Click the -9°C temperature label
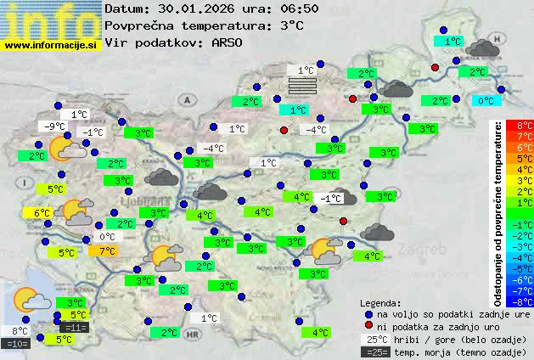coord(53,127)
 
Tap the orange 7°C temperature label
coord(107,250)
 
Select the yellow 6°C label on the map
coord(42,213)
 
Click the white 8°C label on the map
coord(20,331)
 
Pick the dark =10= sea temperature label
coord(17,344)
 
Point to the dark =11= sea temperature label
coord(74,327)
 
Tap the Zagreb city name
coord(427,250)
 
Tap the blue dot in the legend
coord(368,313)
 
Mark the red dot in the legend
coord(368,326)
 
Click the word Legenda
coord(380,302)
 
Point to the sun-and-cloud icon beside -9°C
coord(67,149)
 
